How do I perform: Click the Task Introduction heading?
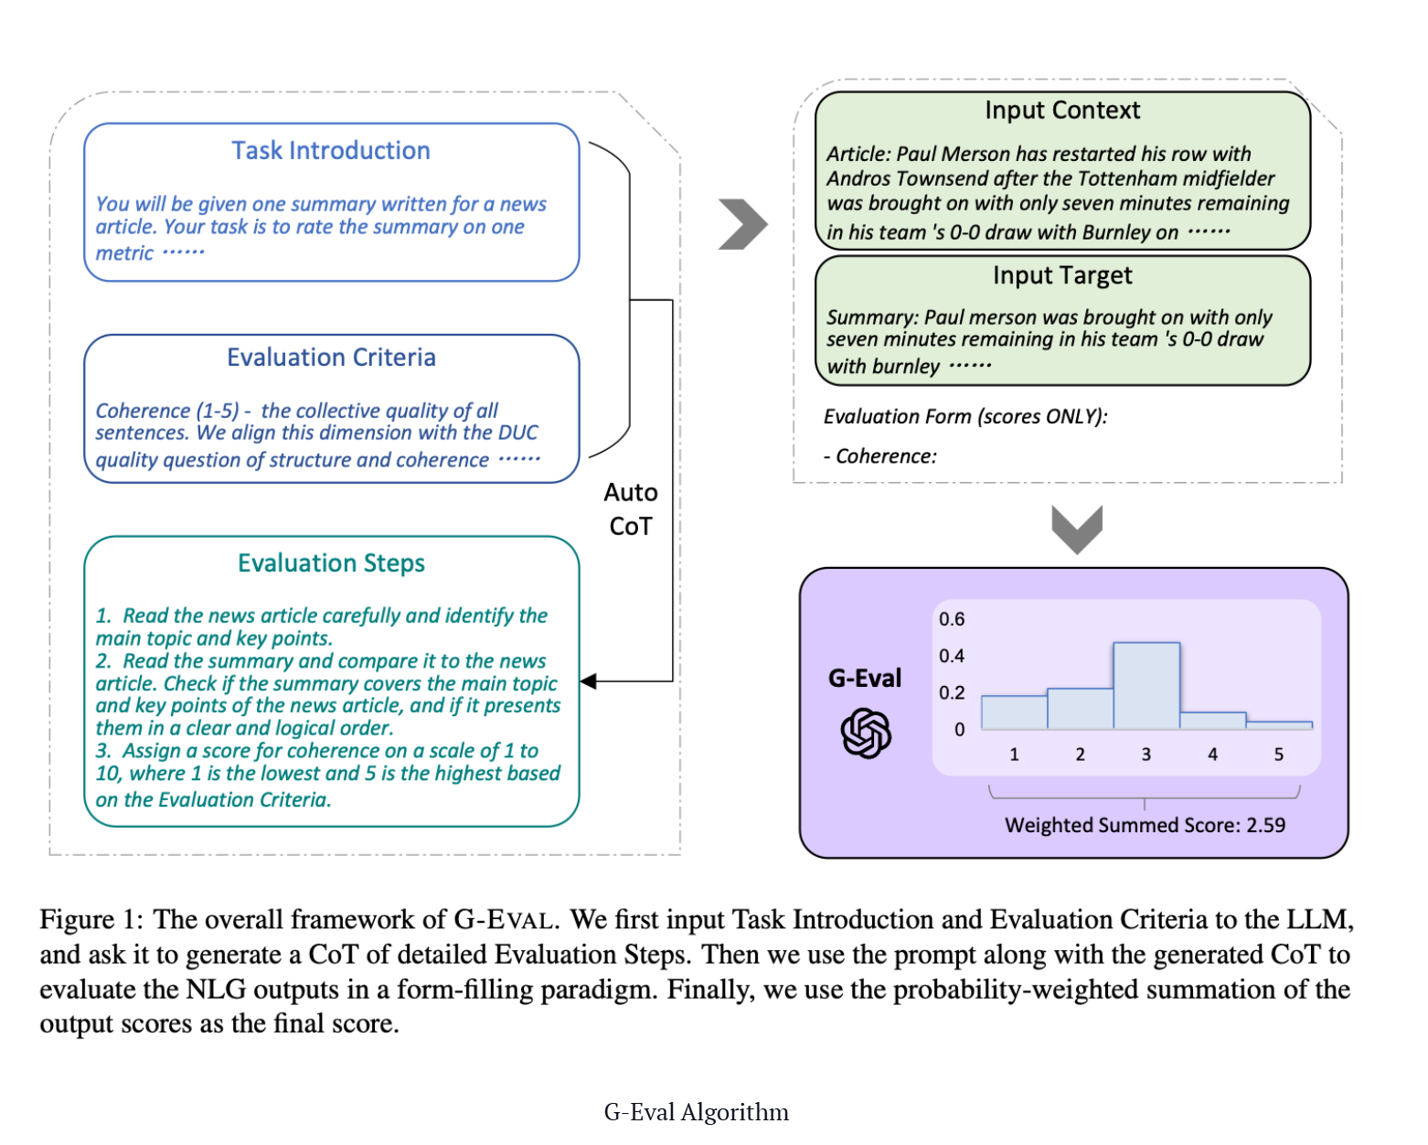click(x=330, y=151)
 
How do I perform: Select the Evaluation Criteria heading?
click(x=331, y=357)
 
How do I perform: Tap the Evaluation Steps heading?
click(x=331, y=562)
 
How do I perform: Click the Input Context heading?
click(x=1061, y=110)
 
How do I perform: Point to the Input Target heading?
click(x=1061, y=274)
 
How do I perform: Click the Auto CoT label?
click(x=631, y=509)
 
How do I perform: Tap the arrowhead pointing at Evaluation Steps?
click(x=588, y=680)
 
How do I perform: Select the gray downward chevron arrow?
click(x=1076, y=529)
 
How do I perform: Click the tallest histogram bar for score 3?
click(x=1146, y=685)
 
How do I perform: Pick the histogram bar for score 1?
click(x=1014, y=712)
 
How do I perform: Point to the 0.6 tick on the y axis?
click(x=951, y=618)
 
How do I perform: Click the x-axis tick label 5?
click(x=1278, y=754)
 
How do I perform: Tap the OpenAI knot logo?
click(x=865, y=733)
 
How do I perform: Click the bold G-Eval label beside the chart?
click(x=865, y=678)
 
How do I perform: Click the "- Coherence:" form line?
click(x=879, y=456)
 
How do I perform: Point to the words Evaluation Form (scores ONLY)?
click(x=965, y=416)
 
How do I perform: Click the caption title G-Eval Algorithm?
click(x=696, y=1112)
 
